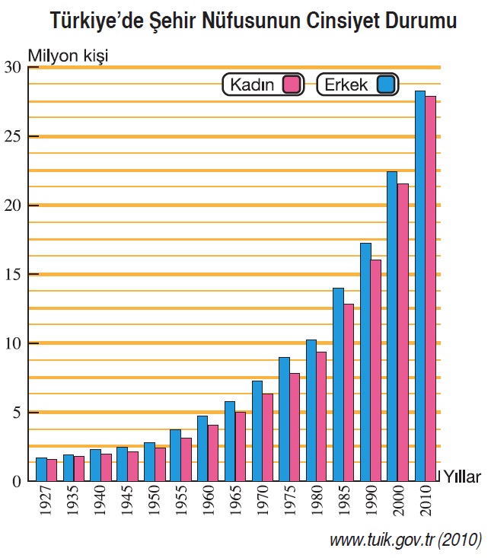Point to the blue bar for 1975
pyautogui.click(x=284, y=419)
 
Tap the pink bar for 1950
pyautogui.click(x=160, y=464)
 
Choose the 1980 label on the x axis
pyautogui.click(x=311, y=504)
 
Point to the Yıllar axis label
pyautogui.click(x=462, y=477)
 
